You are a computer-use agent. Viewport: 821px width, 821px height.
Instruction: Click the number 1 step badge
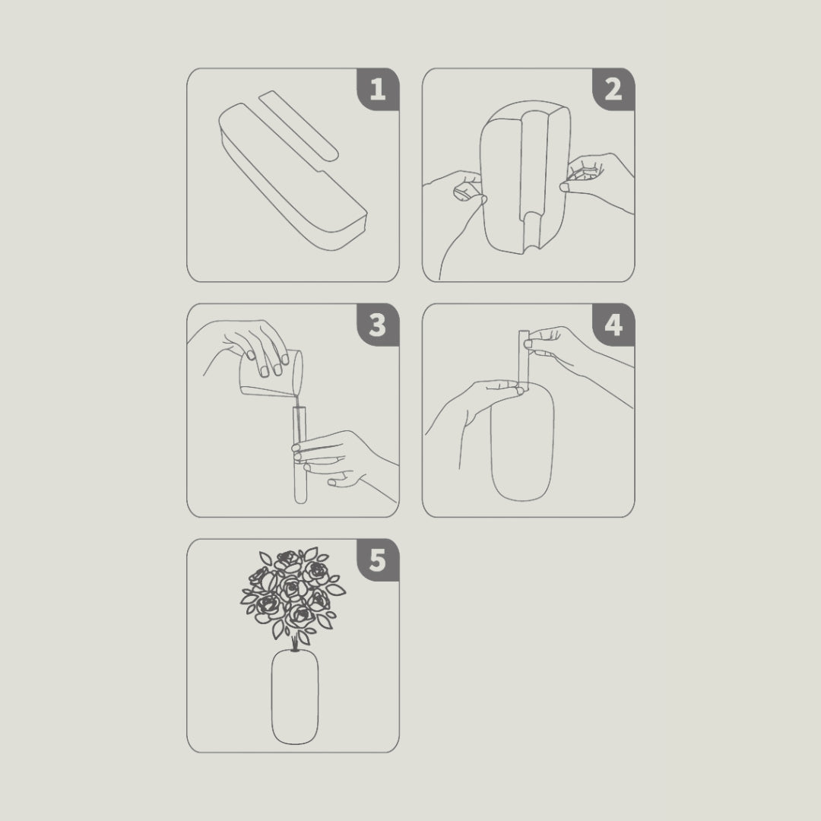point(378,90)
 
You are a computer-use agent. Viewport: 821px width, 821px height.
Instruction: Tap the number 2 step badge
point(613,90)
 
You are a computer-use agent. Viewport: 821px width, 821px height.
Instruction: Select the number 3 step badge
point(378,325)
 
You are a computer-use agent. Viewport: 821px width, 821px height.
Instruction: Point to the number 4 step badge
point(613,325)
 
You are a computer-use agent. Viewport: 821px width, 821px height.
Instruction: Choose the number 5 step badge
point(378,561)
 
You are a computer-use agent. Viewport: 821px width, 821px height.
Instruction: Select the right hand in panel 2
point(597,179)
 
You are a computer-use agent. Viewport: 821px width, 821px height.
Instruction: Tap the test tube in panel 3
point(299,456)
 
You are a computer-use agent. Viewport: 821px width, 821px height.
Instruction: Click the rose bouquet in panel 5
point(293,593)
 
